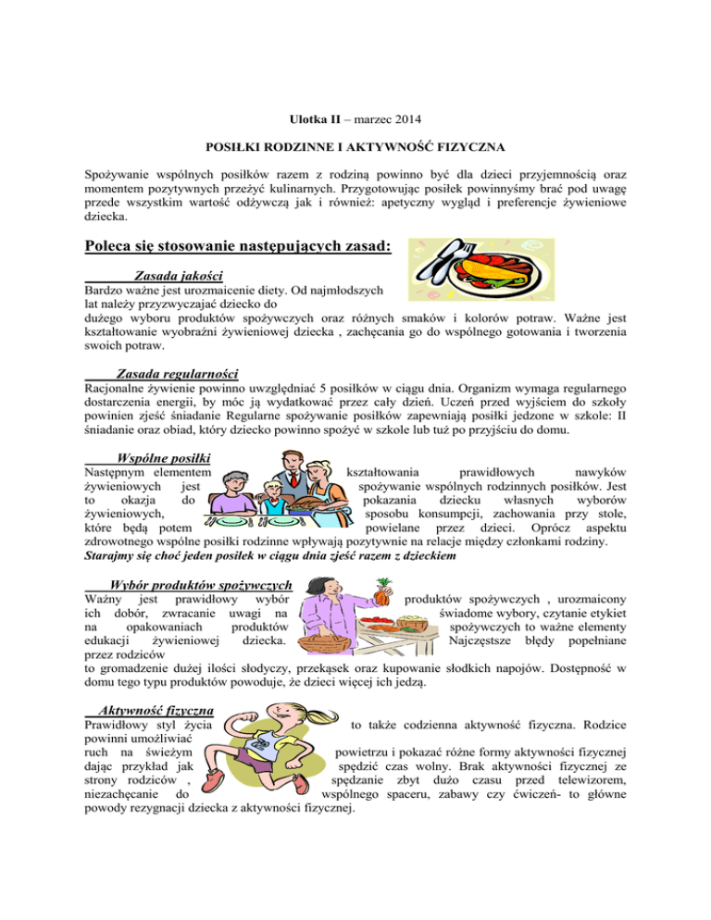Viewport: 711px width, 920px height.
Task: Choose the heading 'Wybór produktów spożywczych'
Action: [x=201, y=584]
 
